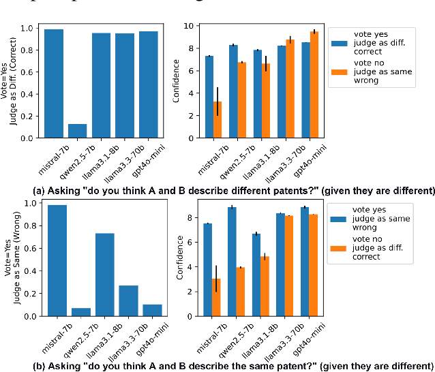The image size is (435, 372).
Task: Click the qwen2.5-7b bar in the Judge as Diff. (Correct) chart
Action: [78, 131]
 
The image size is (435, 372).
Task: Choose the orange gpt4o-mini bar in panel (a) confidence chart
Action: [314, 84]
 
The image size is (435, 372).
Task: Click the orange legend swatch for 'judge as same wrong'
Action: [339, 73]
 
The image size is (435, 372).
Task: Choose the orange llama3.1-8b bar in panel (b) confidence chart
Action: [265, 286]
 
